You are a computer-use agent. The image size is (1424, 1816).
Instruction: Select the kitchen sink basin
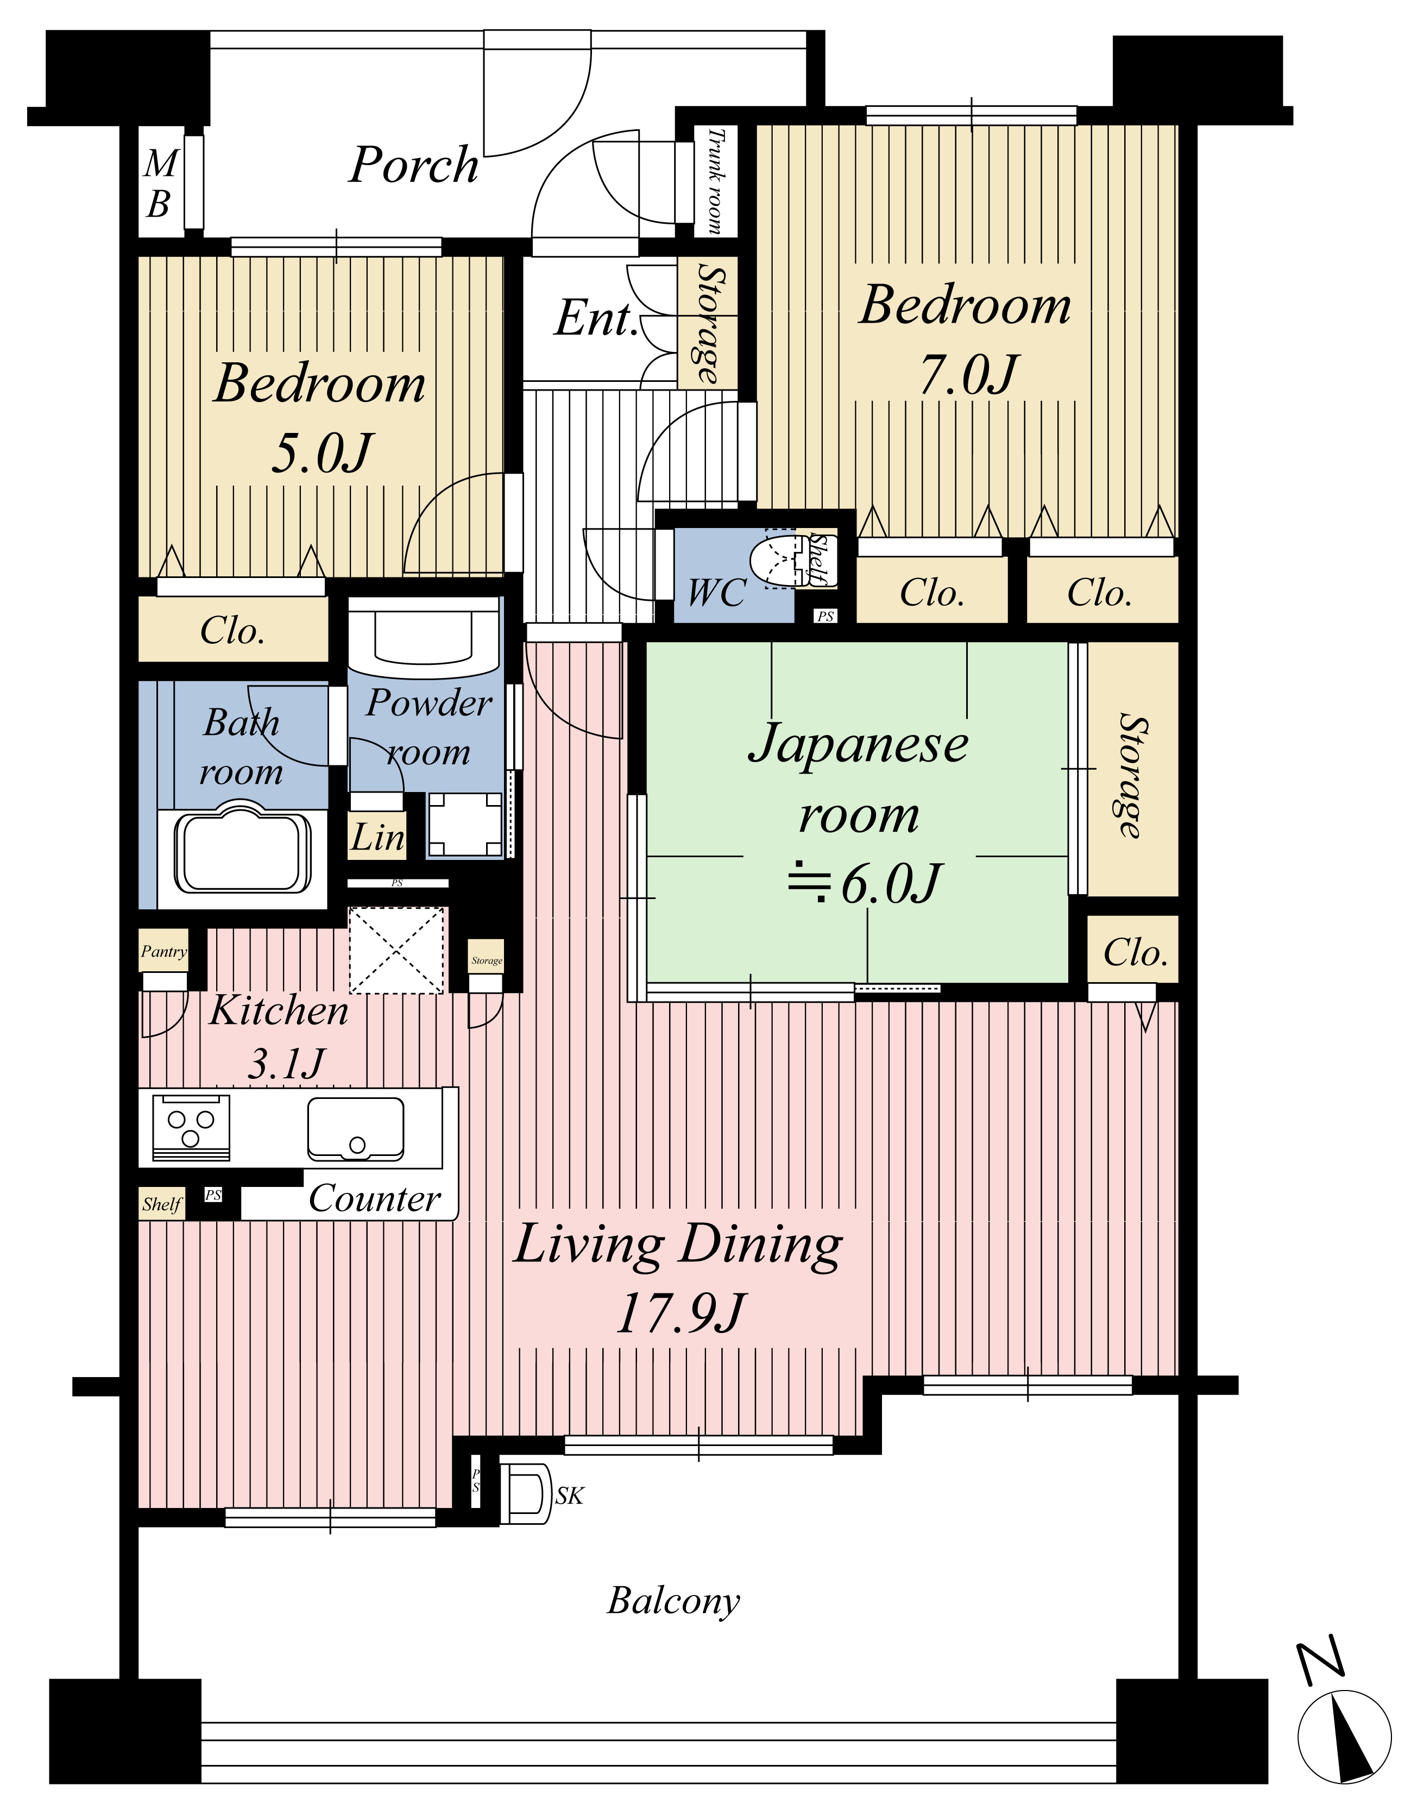(356, 1128)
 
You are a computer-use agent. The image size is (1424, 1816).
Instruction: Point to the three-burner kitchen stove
(191, 1127)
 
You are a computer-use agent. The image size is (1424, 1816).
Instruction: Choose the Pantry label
(163, 951)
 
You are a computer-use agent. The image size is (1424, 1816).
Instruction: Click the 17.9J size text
(679, 1312)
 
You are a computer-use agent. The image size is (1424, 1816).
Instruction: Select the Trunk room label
(715, 180)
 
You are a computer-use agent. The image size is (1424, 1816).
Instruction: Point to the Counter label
(374, 1198)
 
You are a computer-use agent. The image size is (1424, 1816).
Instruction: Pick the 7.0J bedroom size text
(968, 374)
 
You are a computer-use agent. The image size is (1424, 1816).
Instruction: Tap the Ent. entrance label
(597, 318)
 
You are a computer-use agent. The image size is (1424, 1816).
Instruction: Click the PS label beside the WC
(826, 616)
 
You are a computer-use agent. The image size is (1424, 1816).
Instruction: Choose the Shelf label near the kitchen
(162, 1204)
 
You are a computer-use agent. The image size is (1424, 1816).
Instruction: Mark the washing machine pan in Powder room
(466, 824)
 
